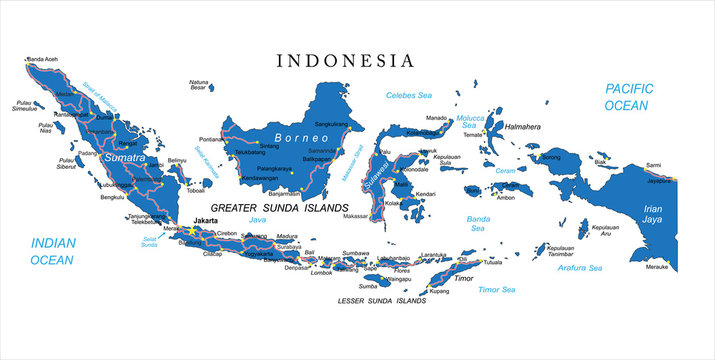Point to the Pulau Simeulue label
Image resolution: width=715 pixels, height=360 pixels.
(28, 104)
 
